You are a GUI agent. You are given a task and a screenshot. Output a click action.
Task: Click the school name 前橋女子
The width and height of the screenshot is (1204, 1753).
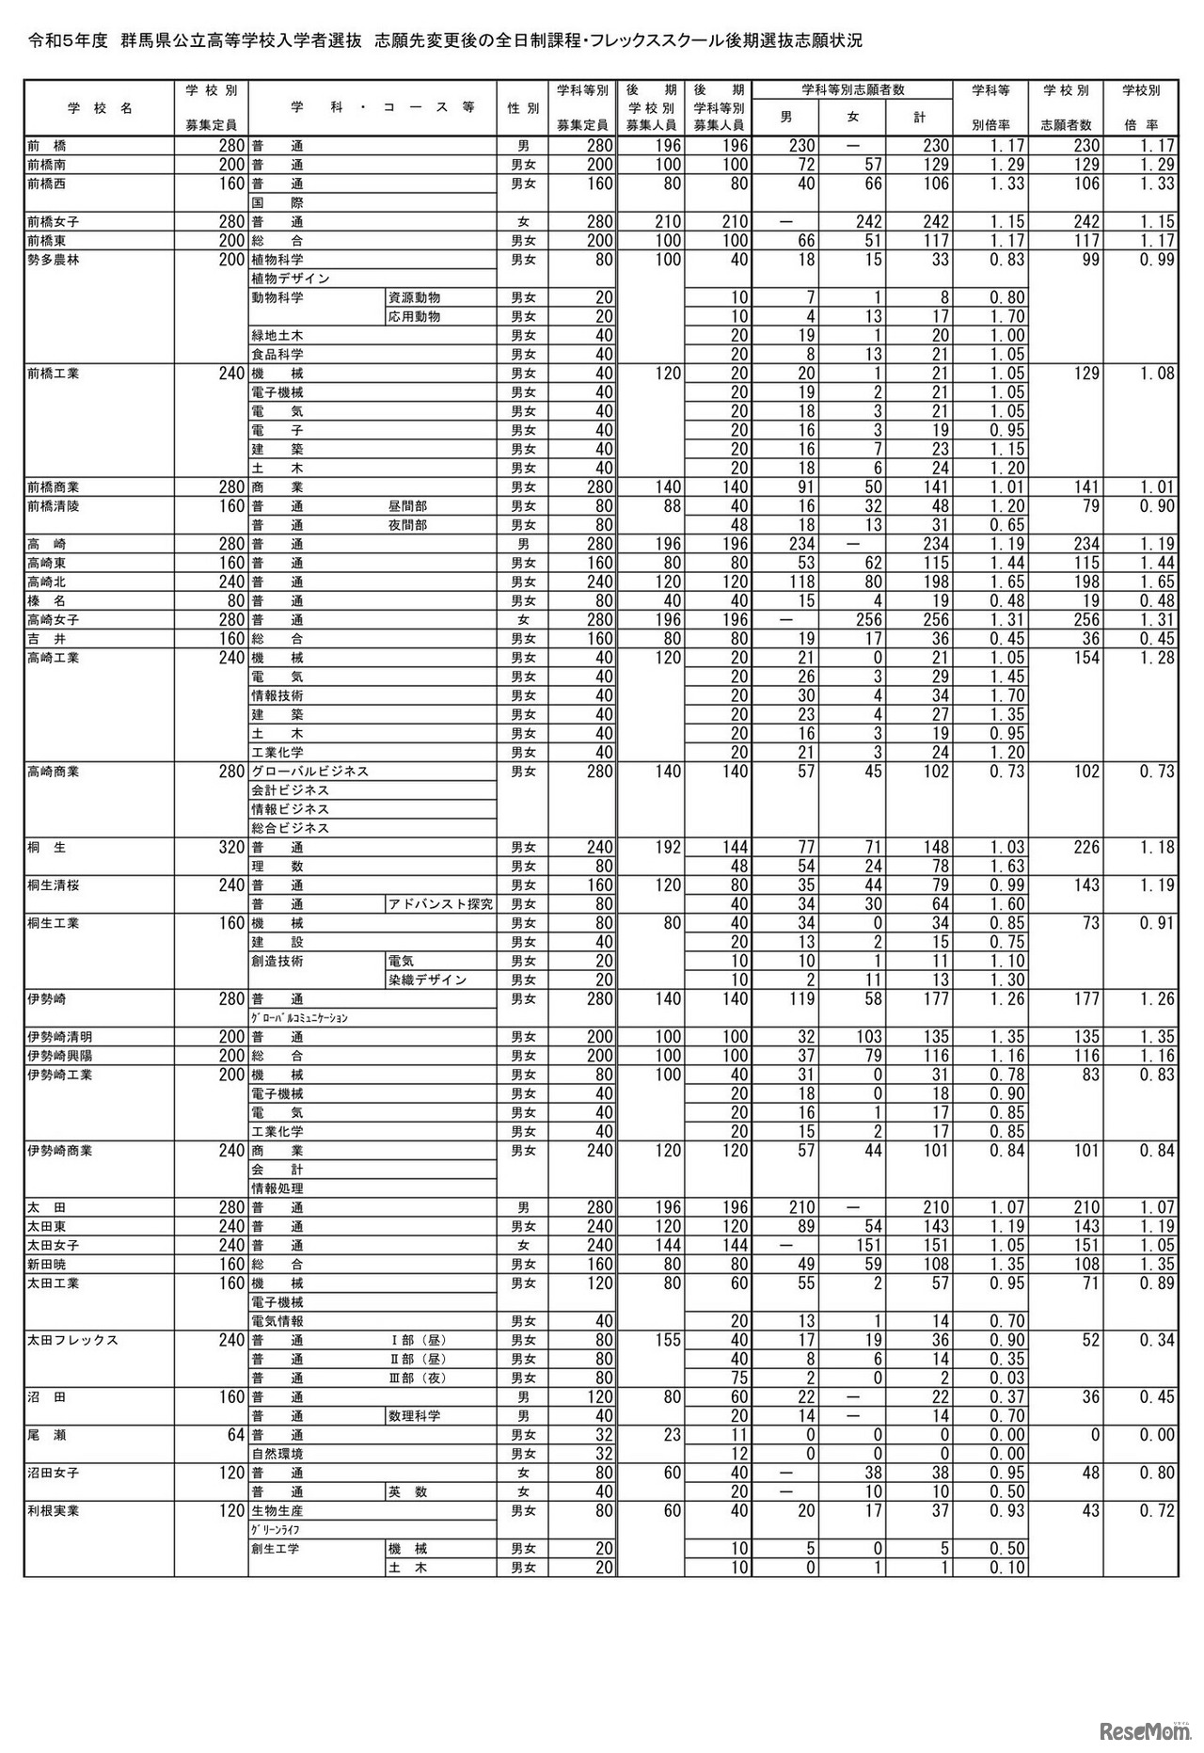54,222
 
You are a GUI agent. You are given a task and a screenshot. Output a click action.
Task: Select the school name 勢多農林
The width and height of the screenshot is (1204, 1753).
54,260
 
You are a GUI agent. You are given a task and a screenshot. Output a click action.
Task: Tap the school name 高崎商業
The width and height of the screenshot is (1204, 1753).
54,772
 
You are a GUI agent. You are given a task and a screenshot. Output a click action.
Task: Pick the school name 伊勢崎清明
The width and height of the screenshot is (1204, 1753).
60,1037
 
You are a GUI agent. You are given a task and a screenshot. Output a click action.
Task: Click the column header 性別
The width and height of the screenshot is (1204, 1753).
522,108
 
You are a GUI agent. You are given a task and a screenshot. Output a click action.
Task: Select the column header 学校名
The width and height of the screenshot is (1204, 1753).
99,108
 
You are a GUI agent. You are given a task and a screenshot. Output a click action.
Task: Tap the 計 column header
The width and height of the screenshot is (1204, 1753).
919,118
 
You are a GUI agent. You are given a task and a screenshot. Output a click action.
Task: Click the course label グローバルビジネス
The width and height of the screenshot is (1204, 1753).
309,772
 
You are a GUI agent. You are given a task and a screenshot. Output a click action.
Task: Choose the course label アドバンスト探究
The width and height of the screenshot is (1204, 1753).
440,904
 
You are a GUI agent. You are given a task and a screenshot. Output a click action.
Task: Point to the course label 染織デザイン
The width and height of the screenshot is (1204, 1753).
427,980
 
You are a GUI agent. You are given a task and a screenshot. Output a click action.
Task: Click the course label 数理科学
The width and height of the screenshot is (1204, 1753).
414,1416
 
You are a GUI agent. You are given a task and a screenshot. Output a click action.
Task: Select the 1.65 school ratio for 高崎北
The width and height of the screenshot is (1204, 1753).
1149,582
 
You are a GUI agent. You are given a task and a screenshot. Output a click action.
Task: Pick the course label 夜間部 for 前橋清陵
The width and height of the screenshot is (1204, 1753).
407,525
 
